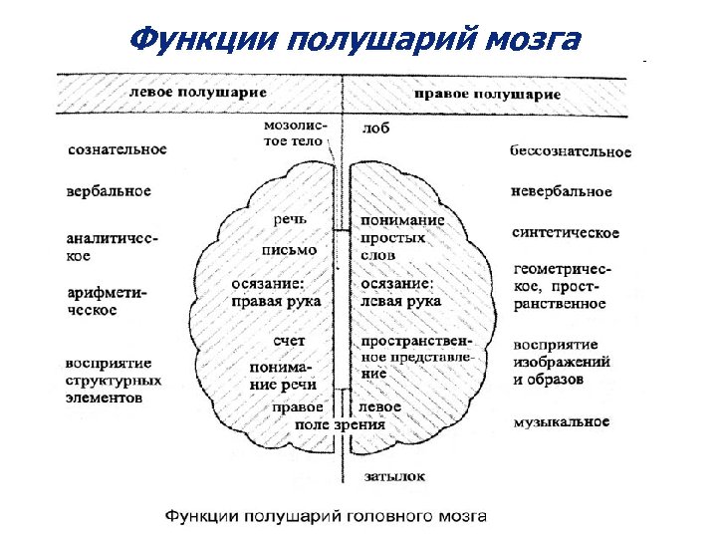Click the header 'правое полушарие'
pyautogui.click(x=487, y=95)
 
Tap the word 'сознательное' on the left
pyautogui.click(x=117, y=149)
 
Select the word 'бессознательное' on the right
pyautogui.click(x=571, y=151)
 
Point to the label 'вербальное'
pyautogui.click(x=109, y=190)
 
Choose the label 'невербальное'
pyautogui.click(x=561, y=190)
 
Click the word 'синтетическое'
pyautogui.click(x=565, y=233)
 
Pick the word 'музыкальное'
pyautogui.click(x=561, y=422)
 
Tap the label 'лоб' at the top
pyautogui.click(x=376, y=130)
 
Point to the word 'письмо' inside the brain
pyautogui.click(x=289, y=249)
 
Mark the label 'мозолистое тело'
pyautogui.click(x=292, y=134)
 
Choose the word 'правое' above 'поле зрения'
pyautogui.click(x=298, y=407)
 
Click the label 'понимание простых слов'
pyautogui.click(x=401, y=239)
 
